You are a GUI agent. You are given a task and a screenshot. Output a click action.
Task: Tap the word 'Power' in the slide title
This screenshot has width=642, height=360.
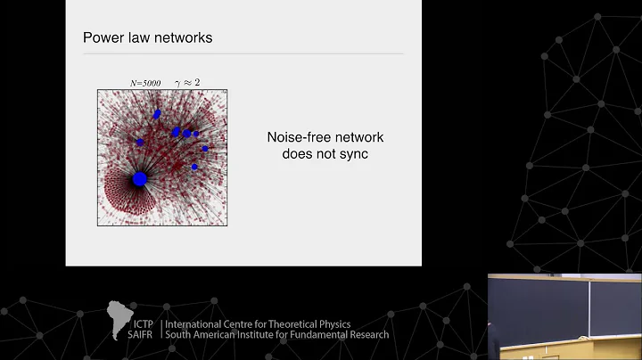101,37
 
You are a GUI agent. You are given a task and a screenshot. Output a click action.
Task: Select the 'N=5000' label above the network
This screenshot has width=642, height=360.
145,83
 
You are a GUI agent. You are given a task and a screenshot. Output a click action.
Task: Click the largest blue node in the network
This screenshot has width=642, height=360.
139,179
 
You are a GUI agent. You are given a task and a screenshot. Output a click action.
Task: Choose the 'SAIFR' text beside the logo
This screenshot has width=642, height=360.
143,335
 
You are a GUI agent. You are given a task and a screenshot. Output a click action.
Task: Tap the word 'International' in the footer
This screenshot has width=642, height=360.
196,324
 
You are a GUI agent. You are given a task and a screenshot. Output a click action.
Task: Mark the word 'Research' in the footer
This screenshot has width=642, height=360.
368,335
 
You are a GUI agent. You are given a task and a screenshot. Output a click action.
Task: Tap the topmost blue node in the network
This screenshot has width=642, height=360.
157,113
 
